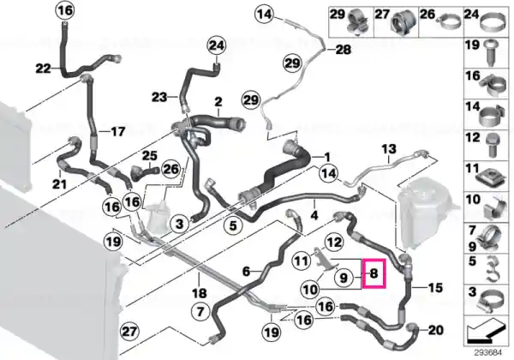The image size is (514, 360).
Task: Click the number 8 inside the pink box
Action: coord(374,273)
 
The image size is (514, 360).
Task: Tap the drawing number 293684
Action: coord(488,353)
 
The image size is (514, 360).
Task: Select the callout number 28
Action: coord(344,50)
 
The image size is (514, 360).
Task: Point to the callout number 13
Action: coord(389,149)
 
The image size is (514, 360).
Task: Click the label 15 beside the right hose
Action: coord(435,288)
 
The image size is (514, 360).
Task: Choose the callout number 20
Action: coord(436,330)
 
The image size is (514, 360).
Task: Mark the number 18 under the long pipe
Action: coord(200,293)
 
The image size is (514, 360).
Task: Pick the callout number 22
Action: coord(44,69)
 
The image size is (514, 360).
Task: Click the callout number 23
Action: coord(159,97)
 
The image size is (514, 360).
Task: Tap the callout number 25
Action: coord(149,156)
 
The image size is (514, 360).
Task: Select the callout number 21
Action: coord(59,184)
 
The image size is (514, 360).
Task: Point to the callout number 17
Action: coord(118,132)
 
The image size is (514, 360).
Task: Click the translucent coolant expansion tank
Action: coord(425,213)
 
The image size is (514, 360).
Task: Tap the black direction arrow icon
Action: coord(485,329)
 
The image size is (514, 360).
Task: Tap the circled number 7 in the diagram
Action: coord(201,311)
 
